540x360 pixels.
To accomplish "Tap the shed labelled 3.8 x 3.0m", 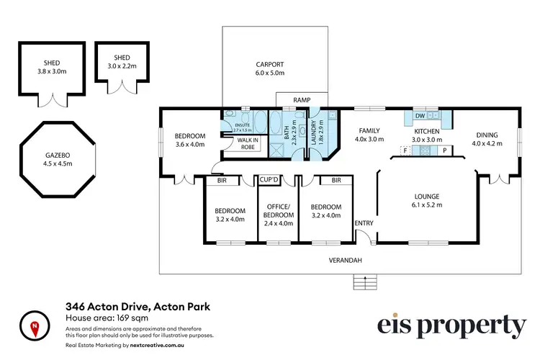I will (53, 68).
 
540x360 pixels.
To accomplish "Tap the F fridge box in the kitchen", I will (405, 150).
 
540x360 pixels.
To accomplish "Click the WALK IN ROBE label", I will (238, 143).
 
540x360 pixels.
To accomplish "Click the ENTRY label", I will (364, 223).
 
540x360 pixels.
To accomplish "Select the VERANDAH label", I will (345, 260).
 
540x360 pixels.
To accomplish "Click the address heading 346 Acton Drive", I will (138, 307).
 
